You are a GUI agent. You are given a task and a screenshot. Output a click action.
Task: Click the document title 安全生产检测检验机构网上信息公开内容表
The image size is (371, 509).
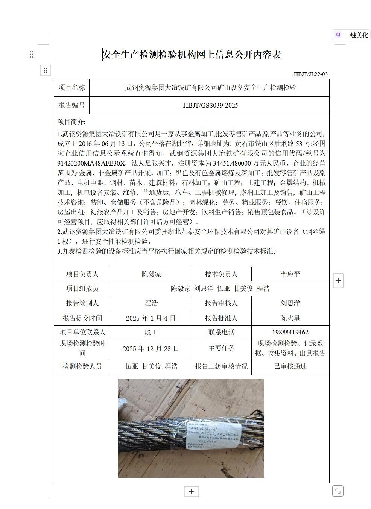pos(192,55)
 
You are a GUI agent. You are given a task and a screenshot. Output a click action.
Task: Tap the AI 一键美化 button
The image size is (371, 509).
pos(351,35)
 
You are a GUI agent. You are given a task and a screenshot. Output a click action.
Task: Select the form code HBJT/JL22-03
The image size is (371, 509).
pos(310,74)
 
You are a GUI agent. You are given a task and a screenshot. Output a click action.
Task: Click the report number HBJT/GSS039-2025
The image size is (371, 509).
pos(210,105)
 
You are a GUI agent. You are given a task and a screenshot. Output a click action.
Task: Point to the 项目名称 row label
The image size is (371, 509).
pos(71,88)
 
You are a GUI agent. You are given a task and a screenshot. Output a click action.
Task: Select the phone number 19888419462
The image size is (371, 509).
pos(290,332)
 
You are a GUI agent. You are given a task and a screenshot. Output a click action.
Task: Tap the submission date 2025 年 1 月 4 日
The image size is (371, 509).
pos(151,318)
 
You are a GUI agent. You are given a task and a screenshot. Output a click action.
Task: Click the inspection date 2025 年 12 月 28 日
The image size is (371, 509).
pos(151,348)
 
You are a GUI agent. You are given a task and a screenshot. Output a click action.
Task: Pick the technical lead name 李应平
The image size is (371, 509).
pos(290,274)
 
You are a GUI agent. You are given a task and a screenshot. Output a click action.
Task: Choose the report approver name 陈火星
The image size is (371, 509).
pos(290,318)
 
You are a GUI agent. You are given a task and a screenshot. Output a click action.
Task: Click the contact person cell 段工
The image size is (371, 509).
pos(151,332)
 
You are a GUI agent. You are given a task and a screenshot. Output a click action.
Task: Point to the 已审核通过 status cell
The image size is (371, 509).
pos(290,366)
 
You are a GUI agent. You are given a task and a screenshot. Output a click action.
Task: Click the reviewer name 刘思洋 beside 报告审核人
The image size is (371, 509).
pos(290,303)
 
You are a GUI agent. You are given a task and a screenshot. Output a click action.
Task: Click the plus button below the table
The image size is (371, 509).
pos(191,491)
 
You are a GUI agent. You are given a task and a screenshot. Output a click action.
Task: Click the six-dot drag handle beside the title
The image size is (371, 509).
pos(32,55)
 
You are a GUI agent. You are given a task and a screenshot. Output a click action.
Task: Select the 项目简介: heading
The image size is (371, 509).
pos(71,122)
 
